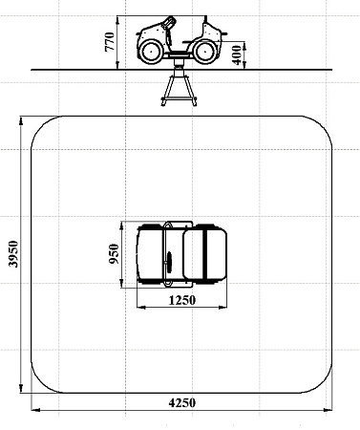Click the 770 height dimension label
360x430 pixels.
pyautogui.click(x=109, y=41)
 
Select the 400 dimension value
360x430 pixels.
pyautogui.click(x=237, y=54)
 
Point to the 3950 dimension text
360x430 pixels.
pyautogui.click(x=13, y=254)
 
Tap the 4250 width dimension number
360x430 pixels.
pyautogui.click(x=182, y=403)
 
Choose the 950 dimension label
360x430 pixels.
pyautogui.click(x=114, y=254)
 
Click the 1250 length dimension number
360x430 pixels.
pyautogui.click(x=181, y=300)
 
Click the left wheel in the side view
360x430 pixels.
pyautogui.click(x=151, y=52)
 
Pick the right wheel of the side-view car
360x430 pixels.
pyautogui.click(x=203, y=51)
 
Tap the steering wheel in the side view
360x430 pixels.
pyautogui.click(x=169, y=23)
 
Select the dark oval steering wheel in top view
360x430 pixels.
pyautogui.click(x=169, y=262)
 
